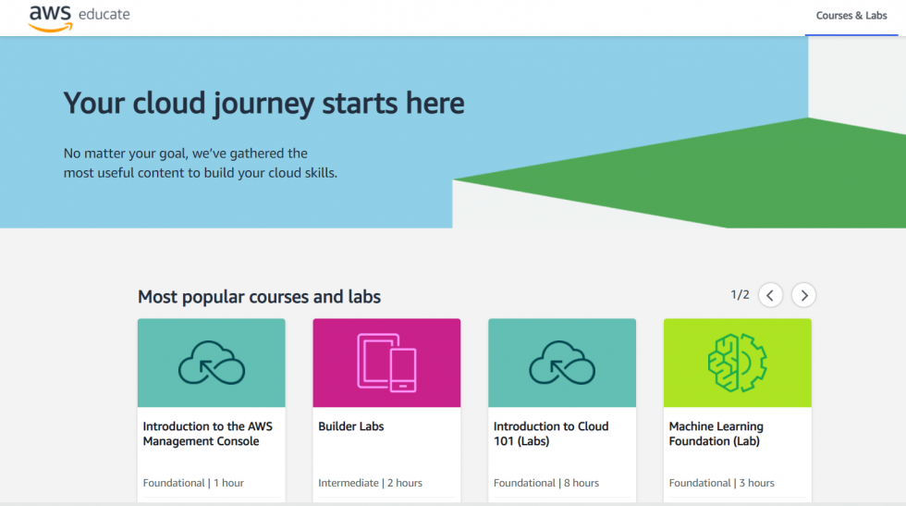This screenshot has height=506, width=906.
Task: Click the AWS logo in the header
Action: (x=50, y=17)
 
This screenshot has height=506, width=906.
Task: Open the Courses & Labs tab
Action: (x=851, y=16)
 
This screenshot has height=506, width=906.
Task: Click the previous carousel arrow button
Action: (x=770, y=295)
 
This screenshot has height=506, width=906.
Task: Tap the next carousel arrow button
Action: (x=803, y=295)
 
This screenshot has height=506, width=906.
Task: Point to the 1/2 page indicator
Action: (x=740, y=295)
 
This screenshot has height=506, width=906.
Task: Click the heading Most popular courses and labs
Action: (x=259, y=297)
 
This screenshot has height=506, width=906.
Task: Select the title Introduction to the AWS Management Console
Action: (x=207, y=434)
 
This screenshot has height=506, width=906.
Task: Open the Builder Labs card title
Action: (x=350, y=426)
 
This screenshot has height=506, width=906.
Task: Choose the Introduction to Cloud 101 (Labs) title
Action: (x=551, y=434)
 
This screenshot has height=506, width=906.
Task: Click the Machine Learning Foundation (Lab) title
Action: (x=716, y=434)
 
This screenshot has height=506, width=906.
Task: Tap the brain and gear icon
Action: (x=737, y=363)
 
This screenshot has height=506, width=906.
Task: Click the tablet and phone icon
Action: (x=386, y=362)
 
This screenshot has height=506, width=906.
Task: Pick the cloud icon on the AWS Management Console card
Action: (x=212, y=363)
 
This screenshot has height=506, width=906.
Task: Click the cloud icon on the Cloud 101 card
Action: (x=562, y=363)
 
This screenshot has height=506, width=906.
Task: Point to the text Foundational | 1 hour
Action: (x=193, y=483)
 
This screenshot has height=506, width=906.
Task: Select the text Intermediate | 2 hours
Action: (x=370, y=483)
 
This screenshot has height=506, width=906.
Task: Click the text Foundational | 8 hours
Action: (x=545, y=483)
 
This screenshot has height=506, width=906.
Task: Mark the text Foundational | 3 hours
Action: (x=721, y=483)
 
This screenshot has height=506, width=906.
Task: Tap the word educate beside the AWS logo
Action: (x=104, y=15)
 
